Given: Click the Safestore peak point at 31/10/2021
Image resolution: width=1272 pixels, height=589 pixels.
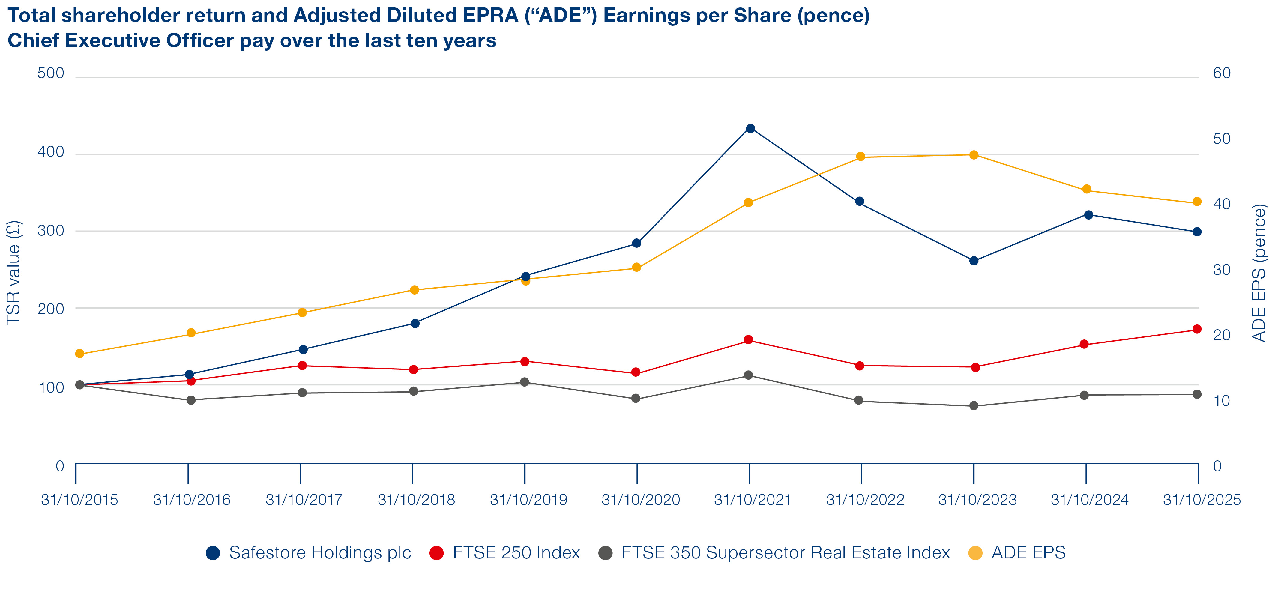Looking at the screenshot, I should point(750,128).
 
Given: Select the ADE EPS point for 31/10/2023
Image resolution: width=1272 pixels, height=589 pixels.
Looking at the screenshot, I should point(974,155).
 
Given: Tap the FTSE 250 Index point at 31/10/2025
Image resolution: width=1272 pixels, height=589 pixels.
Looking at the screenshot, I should point(1197,329).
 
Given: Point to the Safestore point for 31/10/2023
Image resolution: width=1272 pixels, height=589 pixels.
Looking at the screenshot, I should point(974,261).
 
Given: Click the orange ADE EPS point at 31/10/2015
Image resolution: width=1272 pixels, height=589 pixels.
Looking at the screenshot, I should point(79,354).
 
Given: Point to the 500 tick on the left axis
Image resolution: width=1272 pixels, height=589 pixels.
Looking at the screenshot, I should point(51,73).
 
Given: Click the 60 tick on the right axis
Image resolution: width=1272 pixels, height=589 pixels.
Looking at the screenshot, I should point(1222,73).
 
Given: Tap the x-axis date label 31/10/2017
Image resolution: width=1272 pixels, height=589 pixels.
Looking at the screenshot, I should point(304,500).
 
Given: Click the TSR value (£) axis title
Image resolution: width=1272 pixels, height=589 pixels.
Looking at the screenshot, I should point(14,273).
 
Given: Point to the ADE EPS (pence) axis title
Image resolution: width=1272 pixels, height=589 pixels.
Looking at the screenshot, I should point(1260,273).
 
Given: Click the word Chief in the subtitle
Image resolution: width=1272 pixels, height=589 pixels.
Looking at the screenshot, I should point(34,40).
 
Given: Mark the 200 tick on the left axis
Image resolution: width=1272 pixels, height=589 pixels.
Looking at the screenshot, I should point(51,309).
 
